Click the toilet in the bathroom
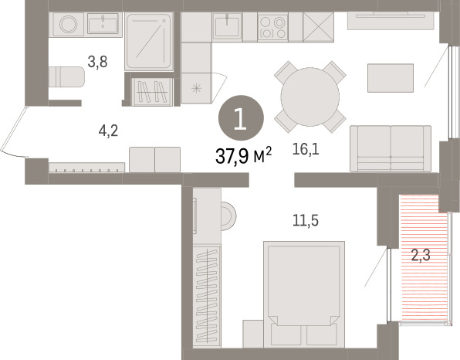(66, 77)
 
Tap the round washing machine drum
(69, 24)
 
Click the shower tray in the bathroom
(149, 42)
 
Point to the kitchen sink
(227, 25)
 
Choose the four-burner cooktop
(272, 27)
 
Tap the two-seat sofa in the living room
(391, 148)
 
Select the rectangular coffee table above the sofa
(391, 78)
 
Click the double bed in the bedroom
(304, 294)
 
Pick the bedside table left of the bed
(253, 334)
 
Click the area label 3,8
(98, 62)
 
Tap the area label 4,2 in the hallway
(108, 131)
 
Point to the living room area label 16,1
(306, 150)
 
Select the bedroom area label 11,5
(306, 220)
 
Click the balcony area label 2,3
(421, 255)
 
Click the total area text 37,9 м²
(243, 155)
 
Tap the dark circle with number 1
(241, 118)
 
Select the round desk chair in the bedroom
(228, 216)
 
